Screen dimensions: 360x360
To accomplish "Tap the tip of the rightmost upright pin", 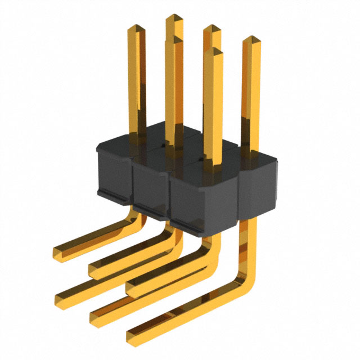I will click(x=251, y=40).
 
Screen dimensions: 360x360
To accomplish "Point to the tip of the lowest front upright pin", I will click(x=213, y=52).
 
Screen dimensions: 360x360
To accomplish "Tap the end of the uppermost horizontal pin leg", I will click(x=58, y=250).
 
